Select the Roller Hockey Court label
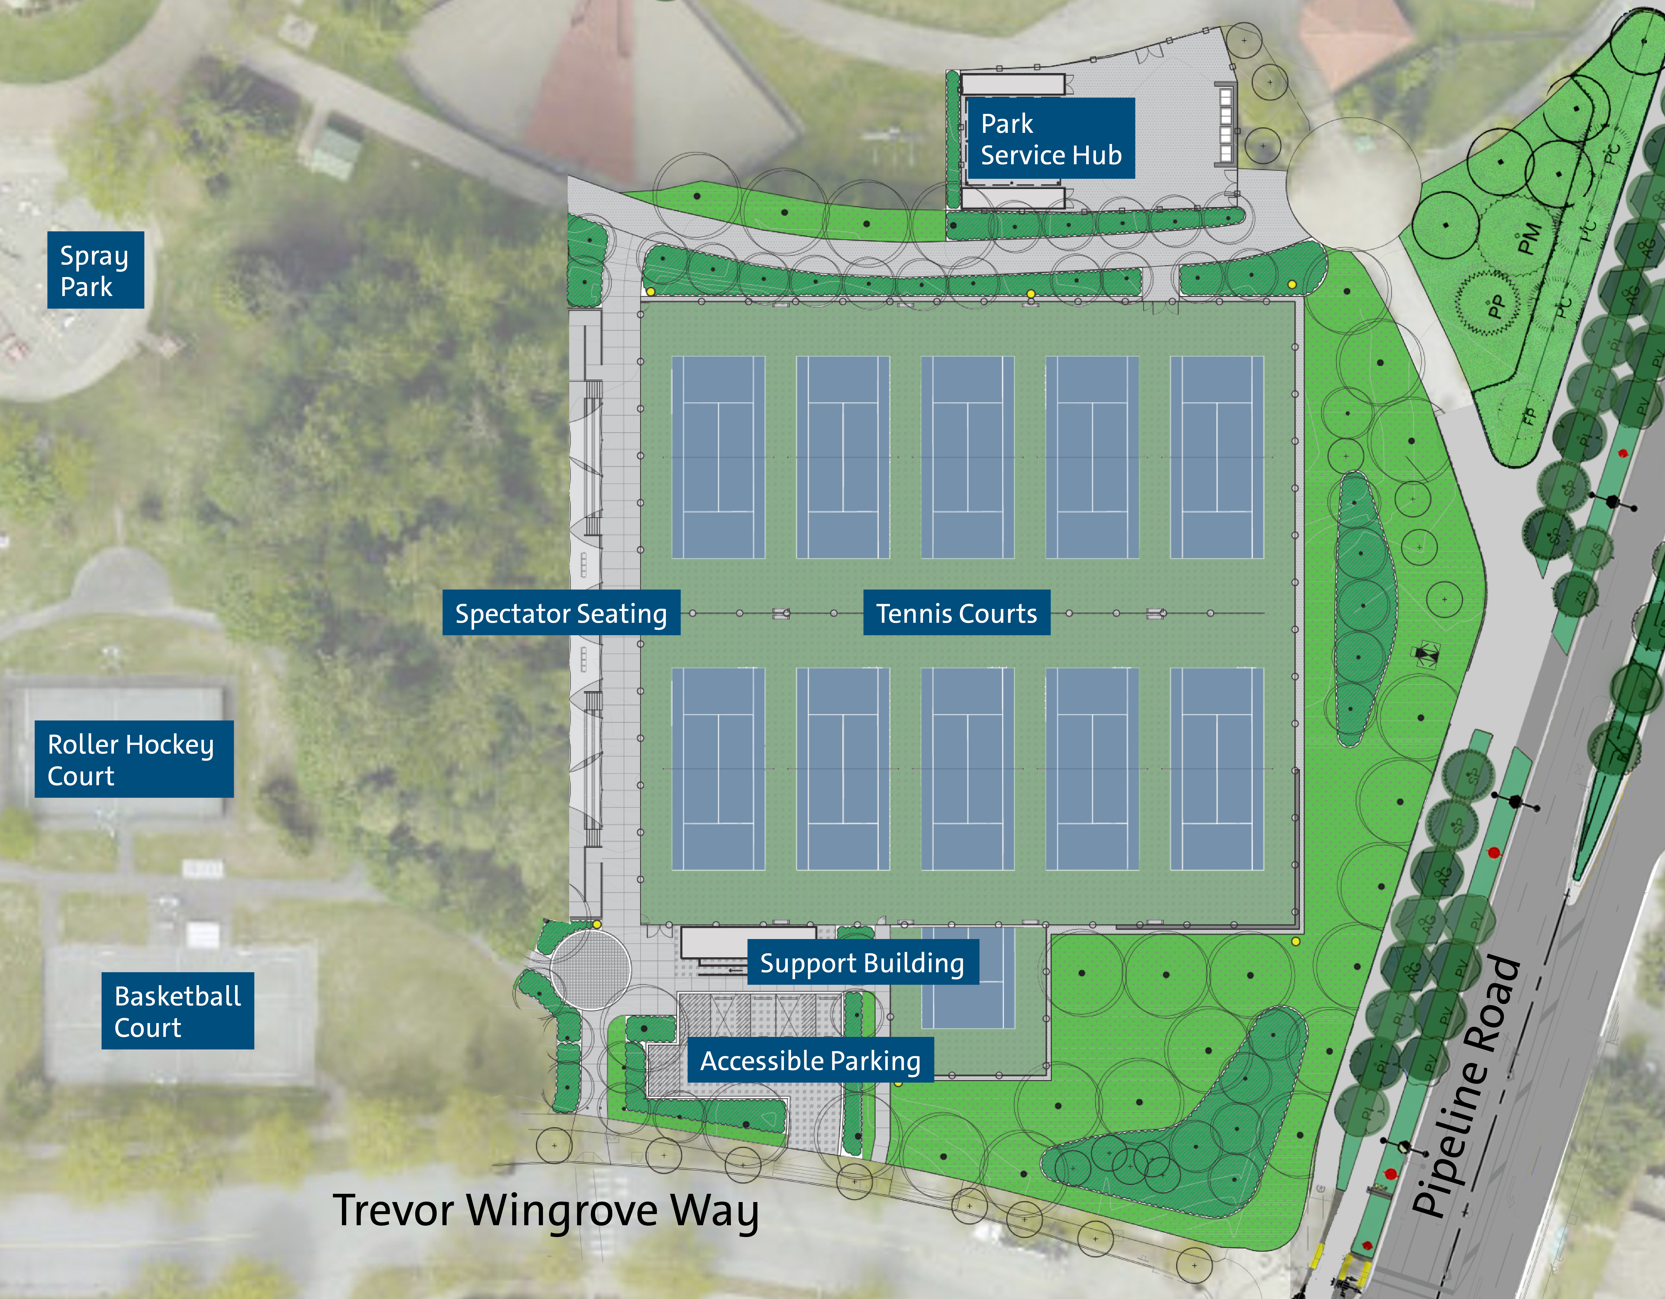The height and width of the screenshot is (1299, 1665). [134, 759]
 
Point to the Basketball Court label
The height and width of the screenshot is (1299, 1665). [178, 1011]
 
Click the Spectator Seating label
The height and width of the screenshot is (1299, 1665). [561, 613]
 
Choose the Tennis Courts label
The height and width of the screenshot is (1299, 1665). [956, 613]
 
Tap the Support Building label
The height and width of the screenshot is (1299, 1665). [862, 963]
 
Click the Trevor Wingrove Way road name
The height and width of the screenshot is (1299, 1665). [546, 1211]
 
